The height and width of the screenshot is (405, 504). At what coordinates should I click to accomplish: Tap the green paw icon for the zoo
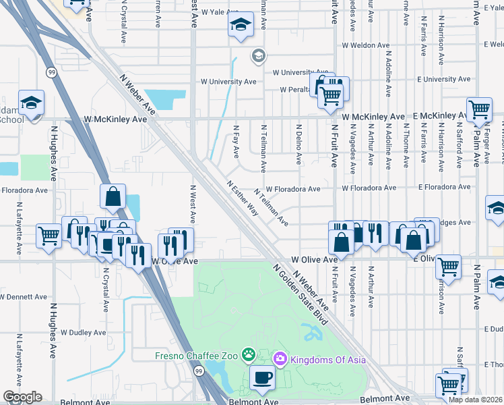tap(249, 354)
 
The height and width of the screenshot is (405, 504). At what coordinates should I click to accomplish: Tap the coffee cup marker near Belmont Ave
tap(261, 378)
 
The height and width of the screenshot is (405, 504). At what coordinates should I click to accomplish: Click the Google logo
tap(22, 397)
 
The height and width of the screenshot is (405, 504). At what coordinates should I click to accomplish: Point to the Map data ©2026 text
tap(475, 400)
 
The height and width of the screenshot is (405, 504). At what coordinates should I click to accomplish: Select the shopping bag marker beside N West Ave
tap(113, 196)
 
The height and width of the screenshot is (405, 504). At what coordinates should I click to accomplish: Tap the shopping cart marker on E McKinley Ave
tap(479, 109)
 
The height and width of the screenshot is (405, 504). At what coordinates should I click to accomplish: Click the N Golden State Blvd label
tap(300, 295)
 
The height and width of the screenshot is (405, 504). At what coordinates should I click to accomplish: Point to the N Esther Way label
tap(243, 198)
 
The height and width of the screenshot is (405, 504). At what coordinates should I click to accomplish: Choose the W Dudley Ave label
tap(83, 332)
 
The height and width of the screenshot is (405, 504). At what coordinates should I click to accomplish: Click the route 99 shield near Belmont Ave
tap(199, 371)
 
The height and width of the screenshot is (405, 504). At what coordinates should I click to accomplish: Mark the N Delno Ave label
tap(298, 142)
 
